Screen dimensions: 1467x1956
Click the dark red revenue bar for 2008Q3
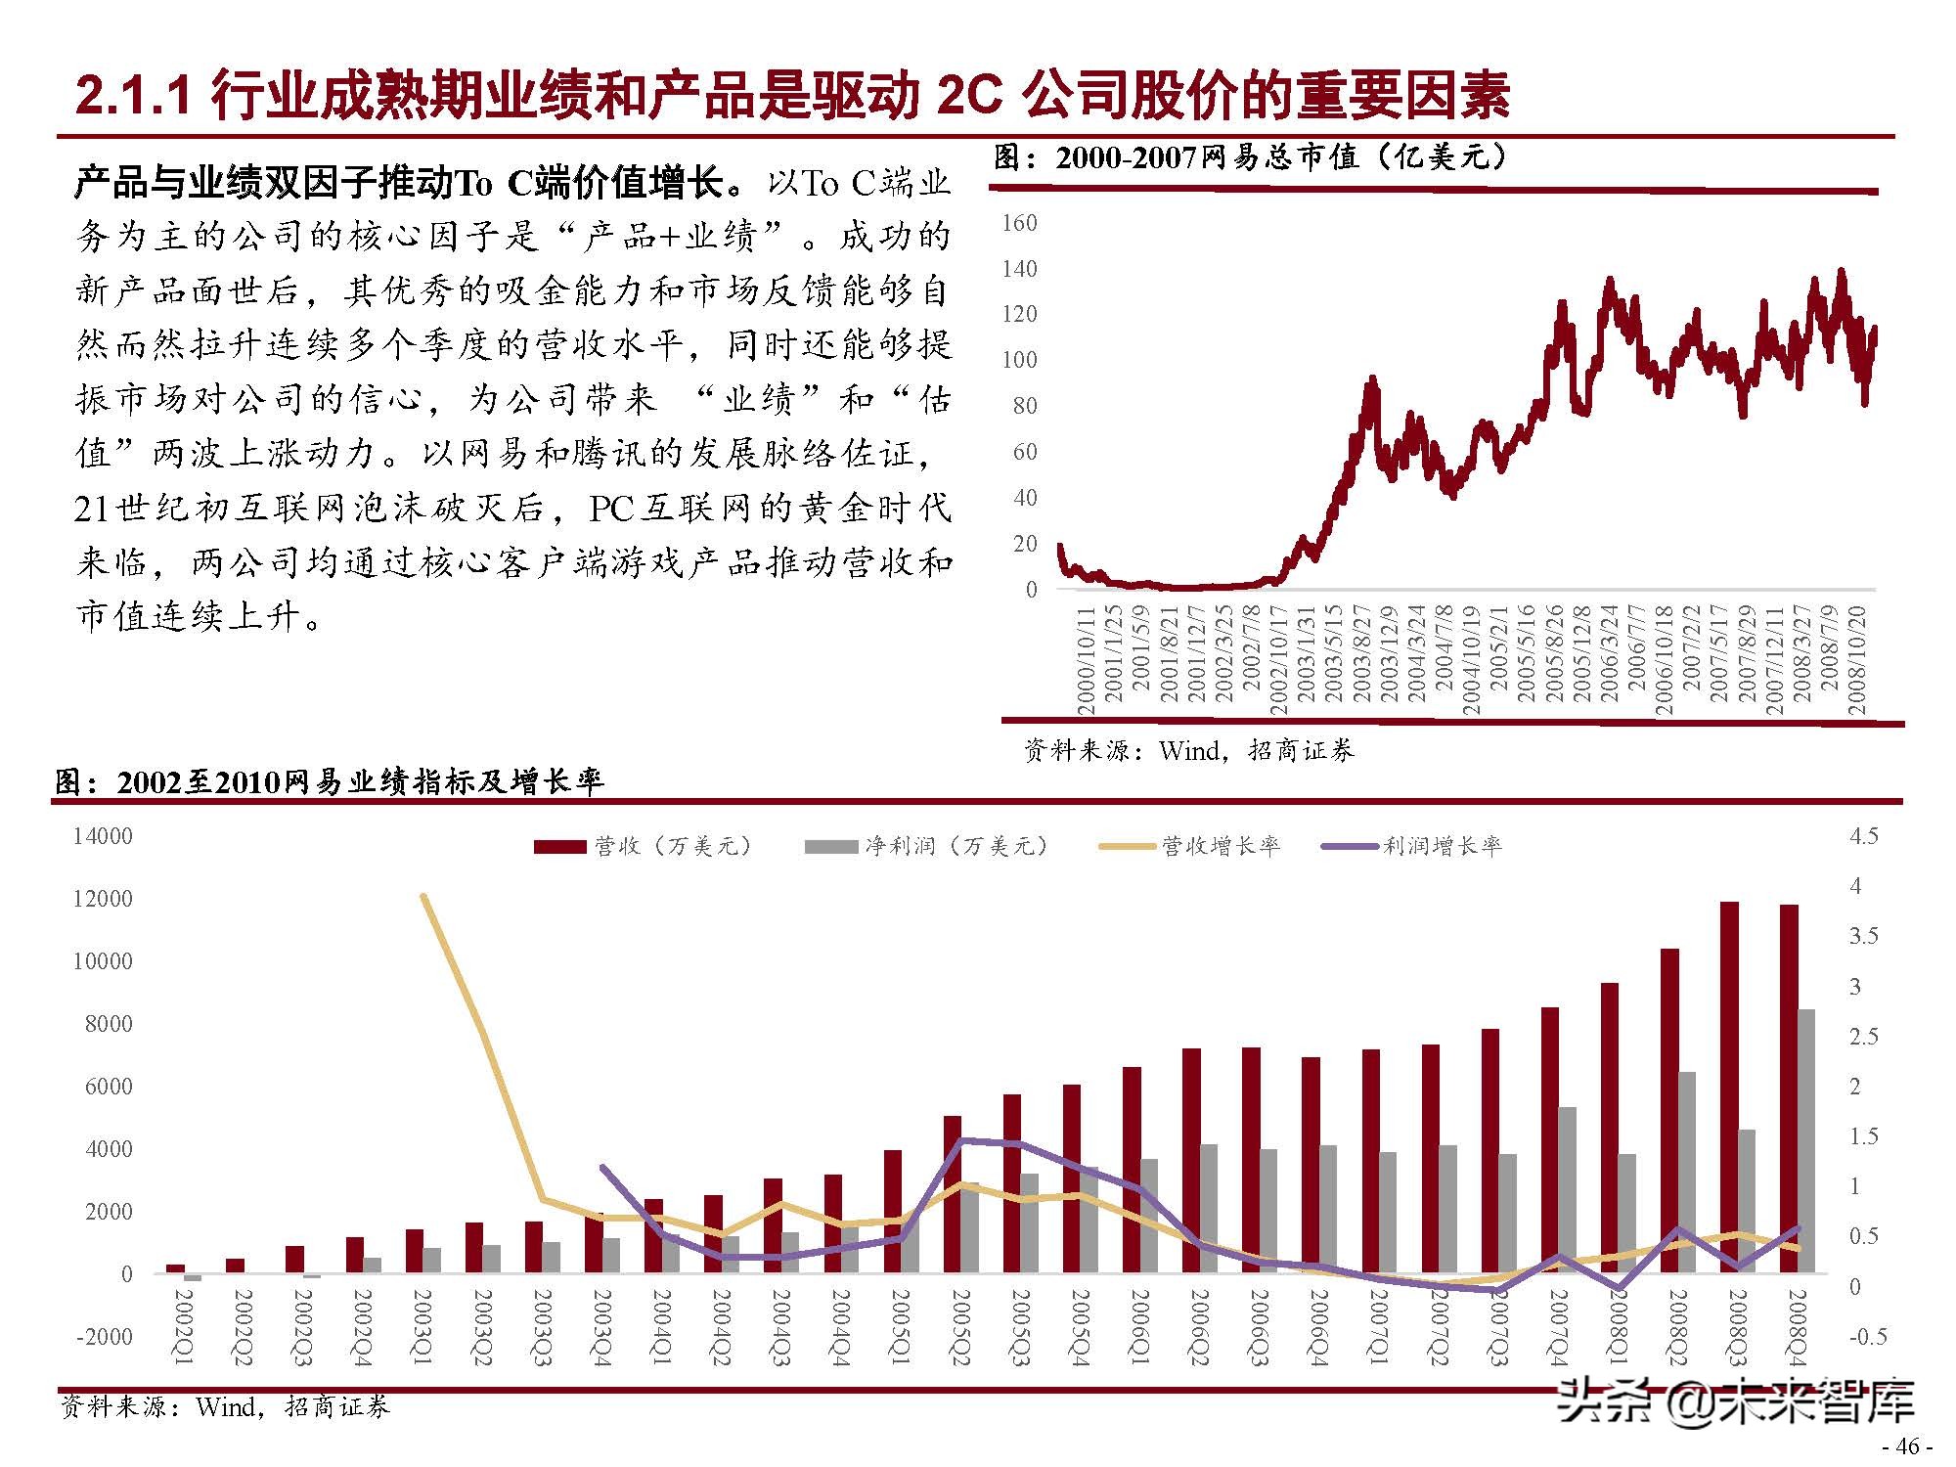coord(1729,1086)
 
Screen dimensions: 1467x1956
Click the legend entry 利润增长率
coord(1442,846)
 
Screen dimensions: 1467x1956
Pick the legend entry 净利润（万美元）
coord(956,846)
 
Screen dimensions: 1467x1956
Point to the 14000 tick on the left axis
coord(103,836)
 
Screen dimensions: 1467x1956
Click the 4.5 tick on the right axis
coord(1863,836)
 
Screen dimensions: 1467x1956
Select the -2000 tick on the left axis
coord(103,1337)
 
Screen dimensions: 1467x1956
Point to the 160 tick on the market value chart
coord(1020,223)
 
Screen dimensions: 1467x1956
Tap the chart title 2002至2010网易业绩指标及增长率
coord(330,781)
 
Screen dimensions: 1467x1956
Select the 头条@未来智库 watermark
coord(1737,1402)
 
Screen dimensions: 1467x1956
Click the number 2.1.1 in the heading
coord(132,97)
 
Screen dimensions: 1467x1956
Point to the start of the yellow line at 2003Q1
coord(422,895)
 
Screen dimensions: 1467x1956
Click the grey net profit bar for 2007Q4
coord(1567,1189)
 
